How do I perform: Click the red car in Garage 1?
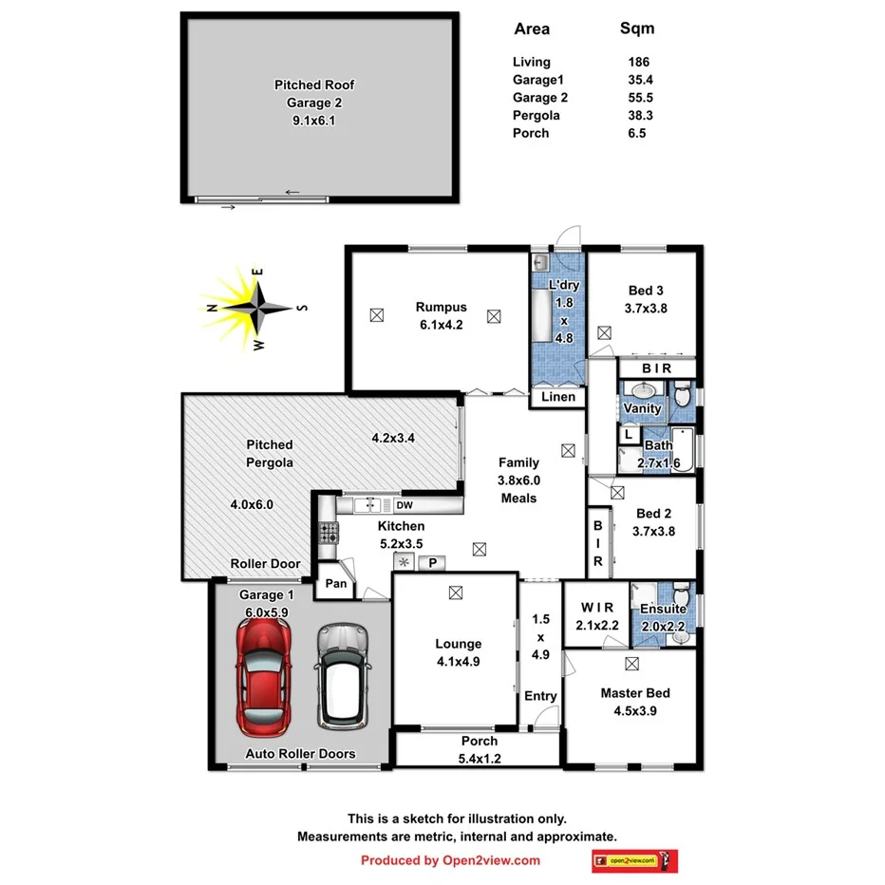(263, 678)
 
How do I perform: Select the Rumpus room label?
(441, 307)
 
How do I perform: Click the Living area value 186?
(638, 63)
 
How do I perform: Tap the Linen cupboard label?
(558, 397)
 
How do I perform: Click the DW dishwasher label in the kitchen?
(405, 505)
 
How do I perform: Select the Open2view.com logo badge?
(634, 860)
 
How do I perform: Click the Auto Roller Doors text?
(300, 754)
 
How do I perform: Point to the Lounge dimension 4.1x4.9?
(459, 662)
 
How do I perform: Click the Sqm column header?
(637, 28)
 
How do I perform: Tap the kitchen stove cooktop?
(329, 533)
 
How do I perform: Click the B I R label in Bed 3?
(657, 368)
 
